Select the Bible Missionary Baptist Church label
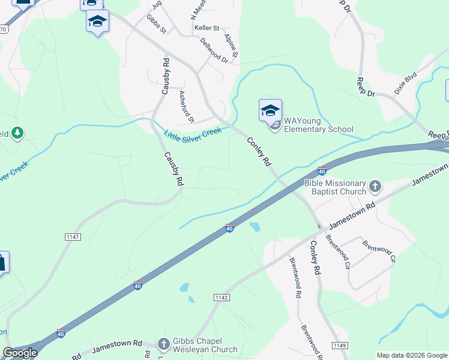point(335,187)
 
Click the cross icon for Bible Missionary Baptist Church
point(375,187)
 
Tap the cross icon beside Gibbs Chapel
point(163,344)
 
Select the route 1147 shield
point(73,238)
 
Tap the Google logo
point(20,353)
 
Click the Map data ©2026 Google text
point(412,355)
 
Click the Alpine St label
point(232,46)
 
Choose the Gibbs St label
point(156,24)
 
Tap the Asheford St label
point(187,106)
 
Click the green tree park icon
point(18,132)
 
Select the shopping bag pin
point(2,263)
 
